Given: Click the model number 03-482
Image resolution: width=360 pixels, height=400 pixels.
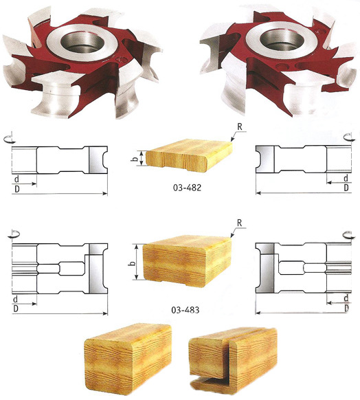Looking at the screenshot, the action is point(187,188).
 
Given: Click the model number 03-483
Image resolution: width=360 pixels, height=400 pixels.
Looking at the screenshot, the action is point(185,310).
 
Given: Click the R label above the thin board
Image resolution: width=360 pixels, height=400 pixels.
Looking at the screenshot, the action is point(239,127).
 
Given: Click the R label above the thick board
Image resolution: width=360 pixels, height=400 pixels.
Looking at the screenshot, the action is point(239,223).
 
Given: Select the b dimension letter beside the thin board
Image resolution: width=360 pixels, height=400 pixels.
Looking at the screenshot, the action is point(136,158).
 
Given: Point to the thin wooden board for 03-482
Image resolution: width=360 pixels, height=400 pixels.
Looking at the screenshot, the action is point(189,155).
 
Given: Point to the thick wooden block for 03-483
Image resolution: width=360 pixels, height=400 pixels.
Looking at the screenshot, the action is point(187,261).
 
